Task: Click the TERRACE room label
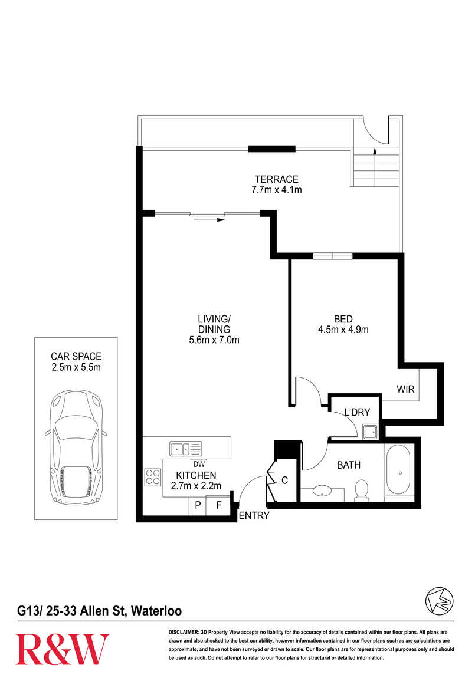(x=276, y=179)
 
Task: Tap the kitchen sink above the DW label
(x=186, y=449)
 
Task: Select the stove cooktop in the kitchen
(x=153, y=477)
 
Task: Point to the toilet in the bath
(x=361, y=490)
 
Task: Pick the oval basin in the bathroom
(x=322, y=491)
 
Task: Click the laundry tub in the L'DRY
(x=371, y=432)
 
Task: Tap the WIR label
(x=406, y=389)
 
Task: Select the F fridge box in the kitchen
(x=219, y=505)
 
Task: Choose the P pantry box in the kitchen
(x=198, y=505)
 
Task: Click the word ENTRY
(x=254, y=515)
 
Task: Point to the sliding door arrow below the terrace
(x=210, y=220)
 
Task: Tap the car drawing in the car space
(x=76, y=447)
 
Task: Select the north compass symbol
(x=439, y=600)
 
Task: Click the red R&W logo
(x=63, y=649)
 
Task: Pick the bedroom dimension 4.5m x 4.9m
(x=343, y=330)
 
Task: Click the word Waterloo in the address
(x=156, y=611)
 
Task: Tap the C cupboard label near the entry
(x=284, y=480)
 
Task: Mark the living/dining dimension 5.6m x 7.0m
(x=214, y=340)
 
